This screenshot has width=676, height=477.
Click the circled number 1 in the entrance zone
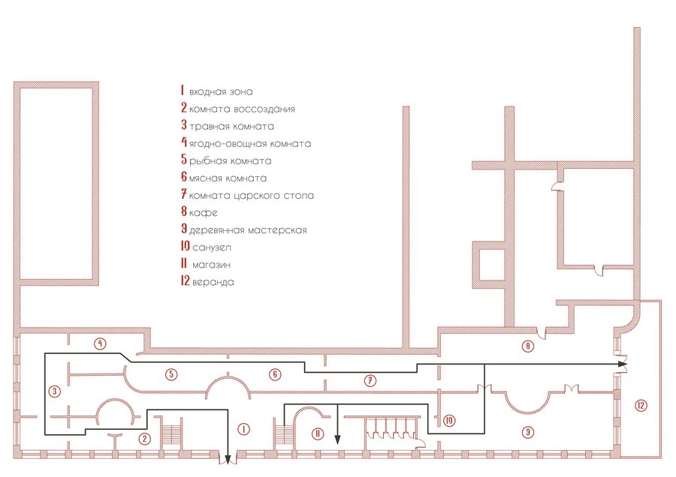coord(243,429)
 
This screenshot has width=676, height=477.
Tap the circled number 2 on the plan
coord(146,439)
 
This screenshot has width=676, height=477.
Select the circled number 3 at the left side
coord(53,391)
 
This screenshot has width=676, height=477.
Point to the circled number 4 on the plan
coord(99,343)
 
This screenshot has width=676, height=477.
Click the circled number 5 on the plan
coord(172,373)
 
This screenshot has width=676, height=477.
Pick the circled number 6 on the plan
coord(275,373)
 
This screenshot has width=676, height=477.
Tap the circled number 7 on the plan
coord(370,380)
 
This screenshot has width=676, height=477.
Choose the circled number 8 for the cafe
coord(528,346)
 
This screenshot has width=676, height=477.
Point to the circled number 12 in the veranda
coord(640,406)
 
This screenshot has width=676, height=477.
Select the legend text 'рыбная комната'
coord(230,161)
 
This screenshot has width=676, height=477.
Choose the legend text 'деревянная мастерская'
coord(248,230)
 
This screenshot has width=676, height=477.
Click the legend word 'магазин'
coord(214,265)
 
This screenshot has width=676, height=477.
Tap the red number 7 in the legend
coord(183,195)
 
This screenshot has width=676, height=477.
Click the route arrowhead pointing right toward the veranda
coord(623,364)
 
